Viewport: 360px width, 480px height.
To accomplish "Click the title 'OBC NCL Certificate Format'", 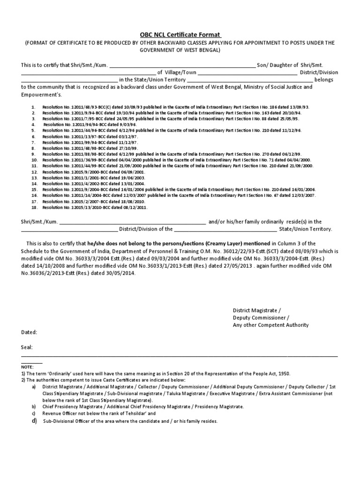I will tap(180, 34).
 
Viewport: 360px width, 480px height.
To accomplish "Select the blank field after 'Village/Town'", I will tap(247, 73).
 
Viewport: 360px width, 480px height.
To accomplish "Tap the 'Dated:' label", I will tap(30, 332).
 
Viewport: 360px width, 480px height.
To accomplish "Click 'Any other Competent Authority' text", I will tap(270, 325).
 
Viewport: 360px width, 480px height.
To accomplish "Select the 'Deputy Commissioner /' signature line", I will tap(261, 317).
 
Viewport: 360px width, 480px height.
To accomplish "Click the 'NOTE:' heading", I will tap(28, 367).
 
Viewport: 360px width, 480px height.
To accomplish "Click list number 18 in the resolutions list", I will tap(34, 207).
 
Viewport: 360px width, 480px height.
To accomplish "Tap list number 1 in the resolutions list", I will tap(34, 107).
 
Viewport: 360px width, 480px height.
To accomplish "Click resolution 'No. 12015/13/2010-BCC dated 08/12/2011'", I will tap(95, 207).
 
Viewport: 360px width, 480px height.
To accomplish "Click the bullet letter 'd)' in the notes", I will tap(34, 420).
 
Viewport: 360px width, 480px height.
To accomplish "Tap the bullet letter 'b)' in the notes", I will tap(34, 407).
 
